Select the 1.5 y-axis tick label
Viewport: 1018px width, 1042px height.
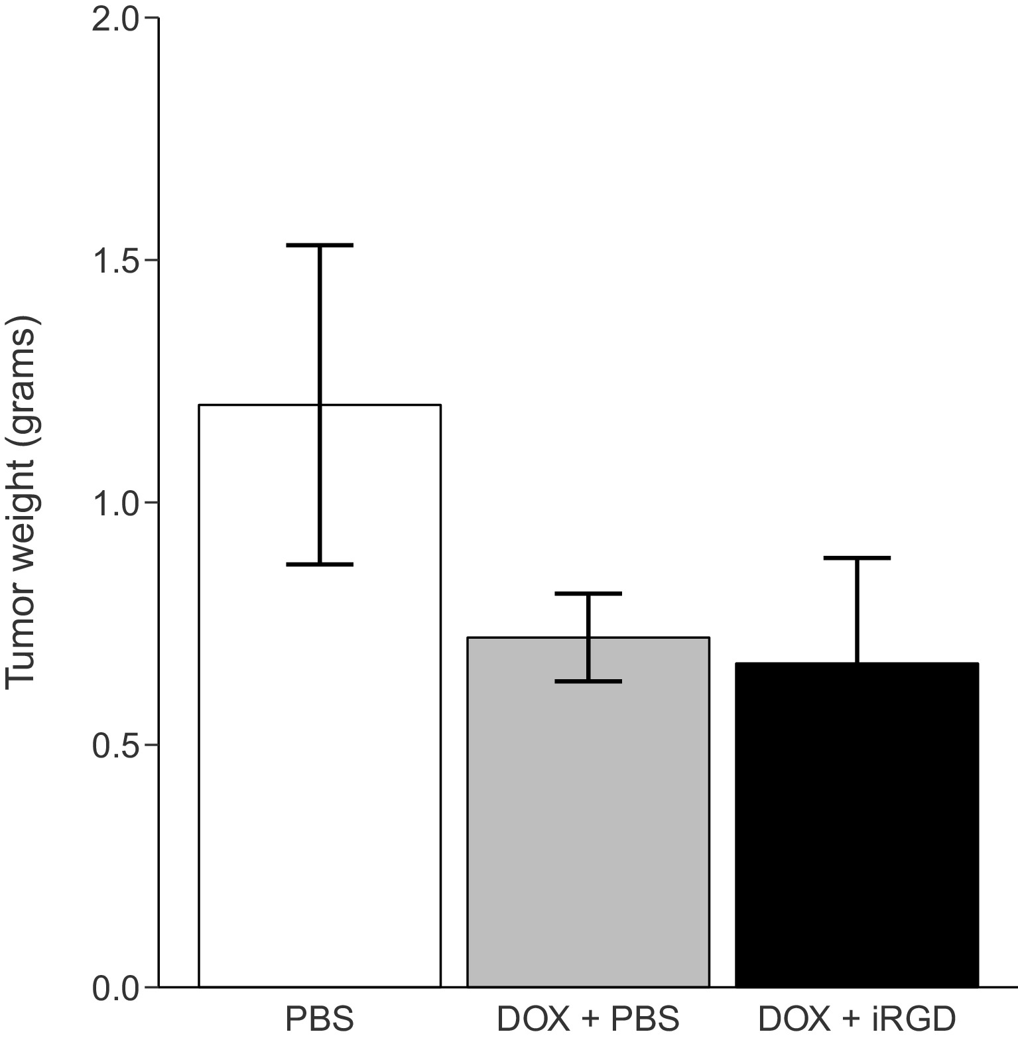(x=113, y=261)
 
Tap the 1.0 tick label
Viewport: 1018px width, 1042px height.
(x=113, y=503)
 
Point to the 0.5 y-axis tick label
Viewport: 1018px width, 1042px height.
(x=113, y=745)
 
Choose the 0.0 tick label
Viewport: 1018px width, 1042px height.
(x=113, y=987)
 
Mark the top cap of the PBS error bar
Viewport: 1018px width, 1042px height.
(x=320, y=245)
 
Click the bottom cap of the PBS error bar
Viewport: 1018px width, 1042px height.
(x=320, y=564)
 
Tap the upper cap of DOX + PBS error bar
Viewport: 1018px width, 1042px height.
(x=588, y=594)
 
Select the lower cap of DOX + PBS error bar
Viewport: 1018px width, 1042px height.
(x=588, y=681)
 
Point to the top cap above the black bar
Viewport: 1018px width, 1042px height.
(x=857, y=558)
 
